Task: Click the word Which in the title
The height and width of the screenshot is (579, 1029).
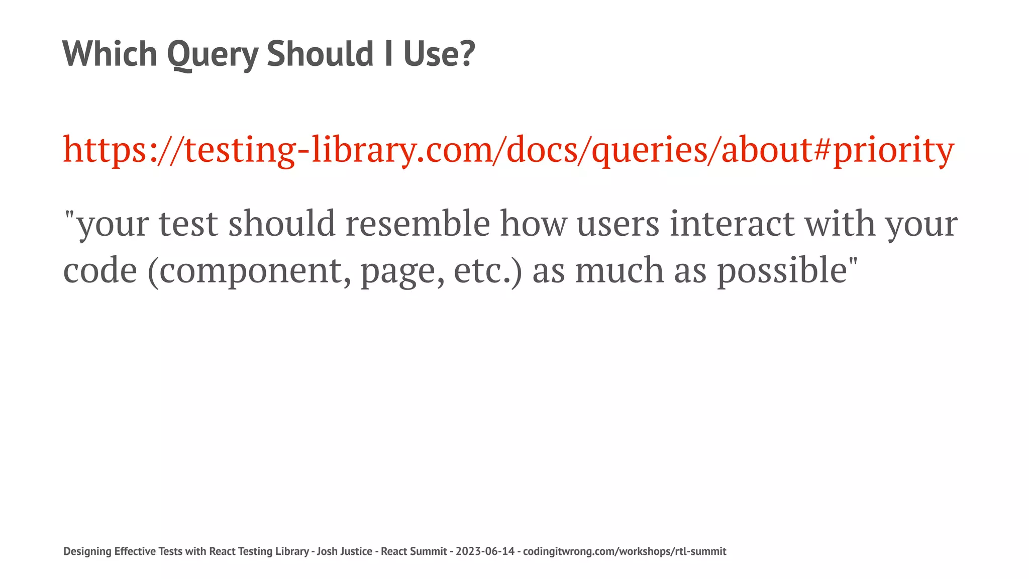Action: pos(110,54)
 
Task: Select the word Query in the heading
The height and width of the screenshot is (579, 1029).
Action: pos(212,54)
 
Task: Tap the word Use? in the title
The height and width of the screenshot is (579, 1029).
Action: pos(439,54)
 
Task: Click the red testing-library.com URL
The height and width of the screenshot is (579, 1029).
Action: pos(508,150)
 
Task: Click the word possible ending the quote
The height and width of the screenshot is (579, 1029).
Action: pos(782,270)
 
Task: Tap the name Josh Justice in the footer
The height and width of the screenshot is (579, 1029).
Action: pos(344,551)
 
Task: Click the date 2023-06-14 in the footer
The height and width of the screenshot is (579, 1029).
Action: pos(485,551)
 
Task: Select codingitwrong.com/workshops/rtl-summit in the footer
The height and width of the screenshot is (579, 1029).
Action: pos(625,551)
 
